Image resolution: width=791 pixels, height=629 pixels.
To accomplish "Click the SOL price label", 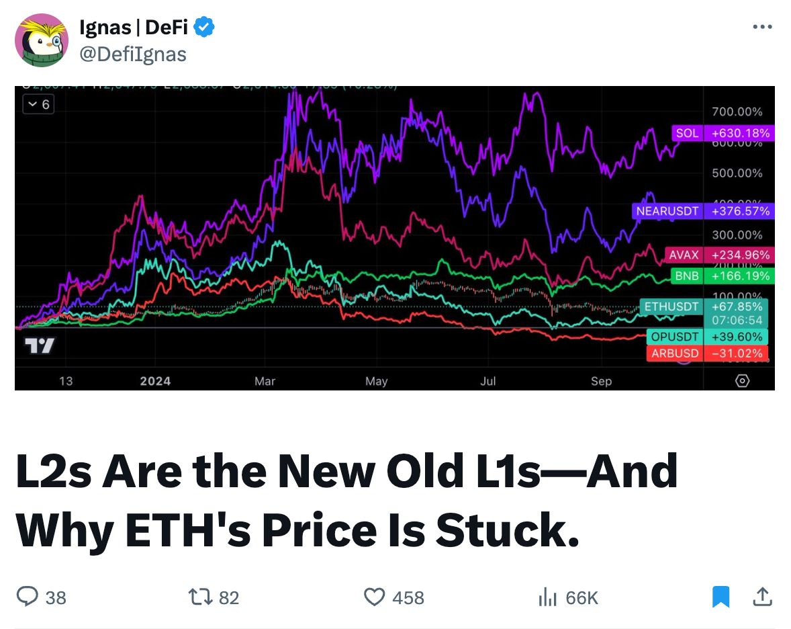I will [x=687, y=133].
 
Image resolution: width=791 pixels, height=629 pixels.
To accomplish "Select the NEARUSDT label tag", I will [x=667, y=211].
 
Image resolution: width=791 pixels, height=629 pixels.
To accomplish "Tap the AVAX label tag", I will [x=684, y=255].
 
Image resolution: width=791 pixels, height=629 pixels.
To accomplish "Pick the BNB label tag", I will [x=686, y=276].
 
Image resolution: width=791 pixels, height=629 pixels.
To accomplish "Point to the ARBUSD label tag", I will [x=675, y=353].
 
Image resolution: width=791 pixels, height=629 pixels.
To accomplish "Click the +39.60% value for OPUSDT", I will [x=737, y=337].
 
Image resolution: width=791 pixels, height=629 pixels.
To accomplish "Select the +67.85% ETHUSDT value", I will [x=737, y=307].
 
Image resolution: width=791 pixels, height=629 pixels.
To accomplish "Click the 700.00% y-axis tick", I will [x=737, y=112].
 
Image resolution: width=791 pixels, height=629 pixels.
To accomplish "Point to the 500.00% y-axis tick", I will [x=737, y=173].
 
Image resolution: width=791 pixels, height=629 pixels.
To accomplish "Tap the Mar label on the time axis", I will [x=265, y=381].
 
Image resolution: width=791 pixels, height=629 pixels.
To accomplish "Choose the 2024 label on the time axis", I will [x=155, y=381].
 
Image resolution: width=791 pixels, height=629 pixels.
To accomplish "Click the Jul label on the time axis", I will [x=487, y=381].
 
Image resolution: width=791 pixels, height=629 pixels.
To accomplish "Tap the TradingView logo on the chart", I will [x=40, y=346].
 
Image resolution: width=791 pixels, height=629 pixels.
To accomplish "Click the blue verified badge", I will [x=204, y=28].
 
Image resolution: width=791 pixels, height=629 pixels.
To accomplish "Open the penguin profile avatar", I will [x=41, y=40].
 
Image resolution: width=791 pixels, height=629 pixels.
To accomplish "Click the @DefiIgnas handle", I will [x=132, y=54].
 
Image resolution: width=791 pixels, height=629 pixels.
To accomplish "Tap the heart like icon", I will [x=374, y=597].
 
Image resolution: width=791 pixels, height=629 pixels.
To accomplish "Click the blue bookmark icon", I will [x=720, y=597].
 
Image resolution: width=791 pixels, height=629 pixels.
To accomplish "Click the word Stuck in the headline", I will [x=506, y=531].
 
